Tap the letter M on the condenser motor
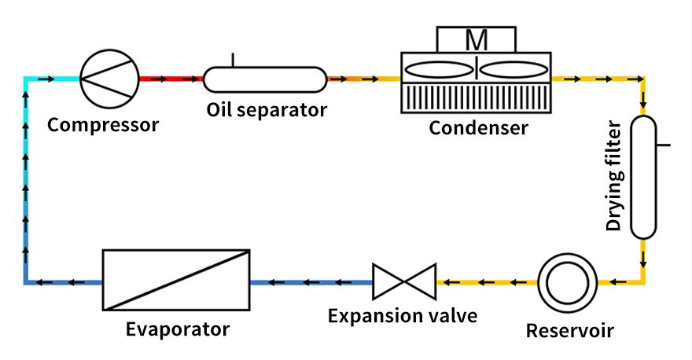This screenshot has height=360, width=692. tap(477, 40)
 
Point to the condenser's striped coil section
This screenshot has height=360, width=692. tap(477, 97)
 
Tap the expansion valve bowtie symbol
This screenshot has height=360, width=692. tap(404, 282)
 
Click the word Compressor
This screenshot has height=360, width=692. tap(103, 125)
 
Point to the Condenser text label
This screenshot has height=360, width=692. tap(478, 128)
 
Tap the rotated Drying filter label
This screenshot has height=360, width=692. tap(613, 176)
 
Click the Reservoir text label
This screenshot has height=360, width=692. tap(570, 330)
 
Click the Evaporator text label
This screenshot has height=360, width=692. tap(178, 329)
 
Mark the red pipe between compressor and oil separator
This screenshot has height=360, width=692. tap(171, 79)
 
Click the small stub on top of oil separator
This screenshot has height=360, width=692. tap(233, 60)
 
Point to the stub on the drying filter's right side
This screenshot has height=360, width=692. tap(664, 145)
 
